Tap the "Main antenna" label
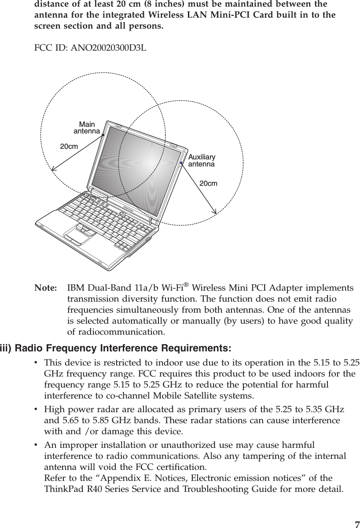click(x=86, y=128)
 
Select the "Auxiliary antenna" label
click(x=202, y=161)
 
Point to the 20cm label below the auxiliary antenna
click(x=208, y=183)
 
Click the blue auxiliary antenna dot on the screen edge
click(x=181, y=163)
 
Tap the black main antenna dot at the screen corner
click(x=103, y=135)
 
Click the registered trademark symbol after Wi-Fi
click(x=189, y=284)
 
